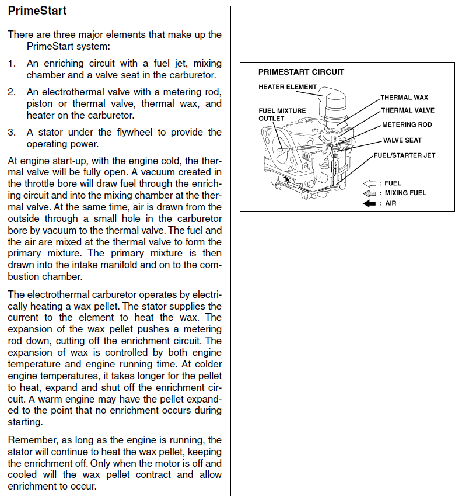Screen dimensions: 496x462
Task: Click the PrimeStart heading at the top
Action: tap(37, 11)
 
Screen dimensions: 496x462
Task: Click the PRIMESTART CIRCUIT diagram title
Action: tap(301, 72)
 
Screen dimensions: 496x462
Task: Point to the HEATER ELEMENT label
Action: tap(288, 87)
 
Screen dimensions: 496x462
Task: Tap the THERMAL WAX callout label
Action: tap(404, 98)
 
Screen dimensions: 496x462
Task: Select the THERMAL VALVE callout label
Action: tap(408, 110)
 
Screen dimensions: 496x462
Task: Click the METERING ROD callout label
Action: tap(407, 124)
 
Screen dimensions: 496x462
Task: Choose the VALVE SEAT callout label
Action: tap(402, 140)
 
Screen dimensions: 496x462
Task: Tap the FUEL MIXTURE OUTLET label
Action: tap(274, 114)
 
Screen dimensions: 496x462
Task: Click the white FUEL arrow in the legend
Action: tap(369, 183)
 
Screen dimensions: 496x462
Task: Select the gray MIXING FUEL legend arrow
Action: tap(369, 193)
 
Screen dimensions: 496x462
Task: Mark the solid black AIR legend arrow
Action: tap(369, 203)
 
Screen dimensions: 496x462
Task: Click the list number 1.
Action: tap(12, 63)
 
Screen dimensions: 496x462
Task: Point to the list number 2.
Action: tap(12, 92)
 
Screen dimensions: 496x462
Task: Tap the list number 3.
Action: tap(12, 133)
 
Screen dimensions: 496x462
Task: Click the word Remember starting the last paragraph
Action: tap(30, 440)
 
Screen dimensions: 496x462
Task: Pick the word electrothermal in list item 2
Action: tap(73, 92)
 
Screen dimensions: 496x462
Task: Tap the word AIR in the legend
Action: tap(390, 203)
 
